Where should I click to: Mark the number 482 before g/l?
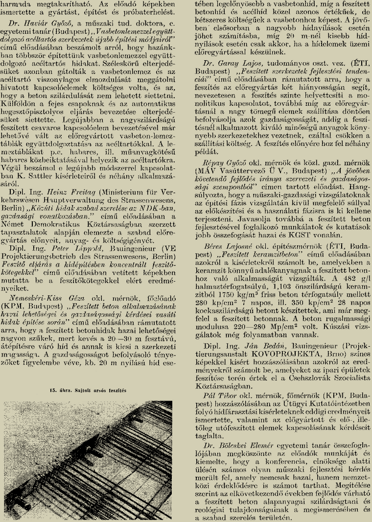click(x=345, y=272)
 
